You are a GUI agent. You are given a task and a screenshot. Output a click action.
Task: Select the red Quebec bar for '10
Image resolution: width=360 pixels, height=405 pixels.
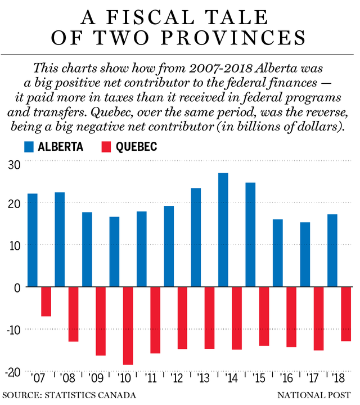click(x=128, y=326)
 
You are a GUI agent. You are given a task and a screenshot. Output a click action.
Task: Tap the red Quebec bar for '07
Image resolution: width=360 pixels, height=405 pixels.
click(x=46, y=301)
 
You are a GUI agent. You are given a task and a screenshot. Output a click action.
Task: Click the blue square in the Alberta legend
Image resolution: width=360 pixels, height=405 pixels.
click(x=29, y=147)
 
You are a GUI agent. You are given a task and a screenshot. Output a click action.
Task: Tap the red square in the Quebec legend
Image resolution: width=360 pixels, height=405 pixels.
click(x=107, y=147)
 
